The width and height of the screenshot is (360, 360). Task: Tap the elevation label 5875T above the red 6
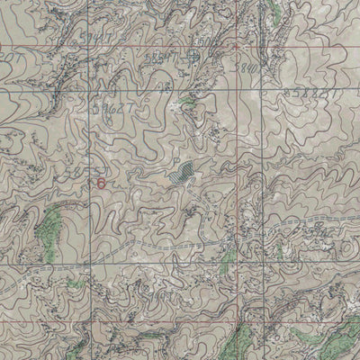coord(85,168)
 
